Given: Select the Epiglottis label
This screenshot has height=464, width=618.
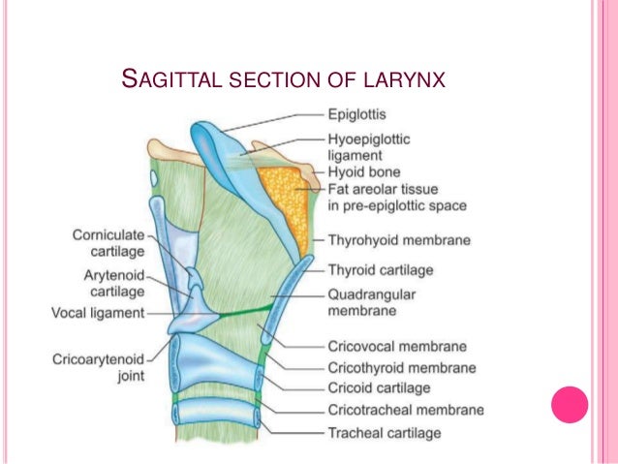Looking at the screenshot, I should [x=356, y=113].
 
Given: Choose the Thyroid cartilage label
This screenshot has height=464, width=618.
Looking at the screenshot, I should [x=380, y=270].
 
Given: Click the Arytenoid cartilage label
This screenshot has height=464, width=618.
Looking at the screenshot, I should [x=114, y=283].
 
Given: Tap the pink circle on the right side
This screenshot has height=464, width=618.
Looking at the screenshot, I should [x=570, y=405].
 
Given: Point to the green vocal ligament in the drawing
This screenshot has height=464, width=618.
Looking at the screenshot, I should [x=247, y=312].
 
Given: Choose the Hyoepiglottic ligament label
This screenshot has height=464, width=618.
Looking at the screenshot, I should [x=368, y=146].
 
